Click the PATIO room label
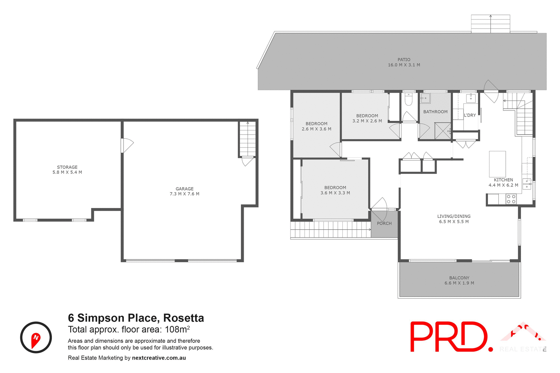point(404,59)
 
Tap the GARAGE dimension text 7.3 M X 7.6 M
point(184,194)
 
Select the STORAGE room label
point(67,167)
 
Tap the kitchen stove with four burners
point(511,199)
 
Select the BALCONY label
point(459,278)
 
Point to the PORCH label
point(384,224)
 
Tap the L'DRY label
point(470,115)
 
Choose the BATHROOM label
point(435,112)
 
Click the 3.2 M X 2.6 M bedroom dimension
point(367,121)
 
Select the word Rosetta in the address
point(183,318)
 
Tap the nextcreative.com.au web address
point(159,358)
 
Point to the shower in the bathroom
point(442,131)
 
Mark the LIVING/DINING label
point(454,216)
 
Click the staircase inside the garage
point(247,139)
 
